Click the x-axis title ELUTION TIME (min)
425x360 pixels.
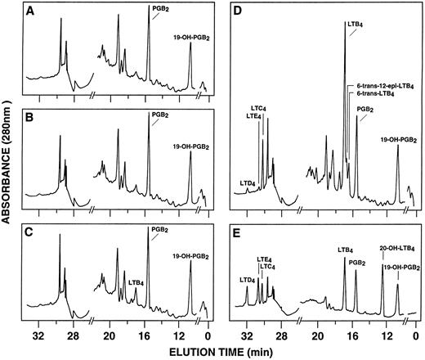221,351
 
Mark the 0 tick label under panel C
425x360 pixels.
208,335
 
